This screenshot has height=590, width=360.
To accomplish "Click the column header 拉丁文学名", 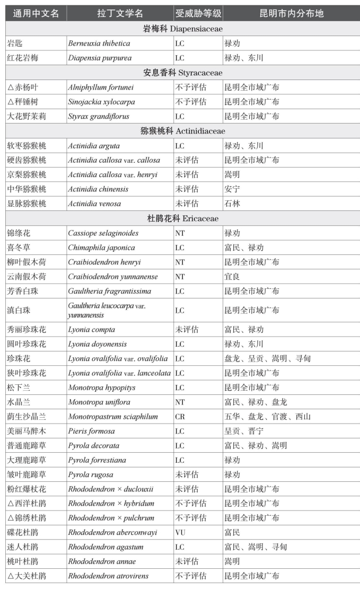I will tap(120, 13).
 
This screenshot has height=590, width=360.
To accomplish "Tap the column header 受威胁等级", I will tap(198, 13).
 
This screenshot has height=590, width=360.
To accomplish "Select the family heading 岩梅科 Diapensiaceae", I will tap(183, 29).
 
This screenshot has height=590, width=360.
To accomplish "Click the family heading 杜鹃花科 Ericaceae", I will tap(183, 218).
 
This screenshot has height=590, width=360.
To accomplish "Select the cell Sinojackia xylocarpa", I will tap(99, 101).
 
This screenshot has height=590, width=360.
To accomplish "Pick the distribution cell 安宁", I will tap(232, 189).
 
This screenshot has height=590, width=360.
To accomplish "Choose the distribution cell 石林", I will tap(232, 204).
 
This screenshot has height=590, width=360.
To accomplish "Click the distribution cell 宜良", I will tap(232, 276).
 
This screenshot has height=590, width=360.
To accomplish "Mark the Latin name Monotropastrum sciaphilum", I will tap(113, 417).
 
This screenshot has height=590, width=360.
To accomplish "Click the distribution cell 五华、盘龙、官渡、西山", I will tap(267, 417).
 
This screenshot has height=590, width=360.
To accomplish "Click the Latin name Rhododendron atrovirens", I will tap(108, 576).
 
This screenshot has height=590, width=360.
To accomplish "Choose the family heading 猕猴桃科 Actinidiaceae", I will tap(183, 130).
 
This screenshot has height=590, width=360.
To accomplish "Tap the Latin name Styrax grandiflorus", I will tap(99, 116).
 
